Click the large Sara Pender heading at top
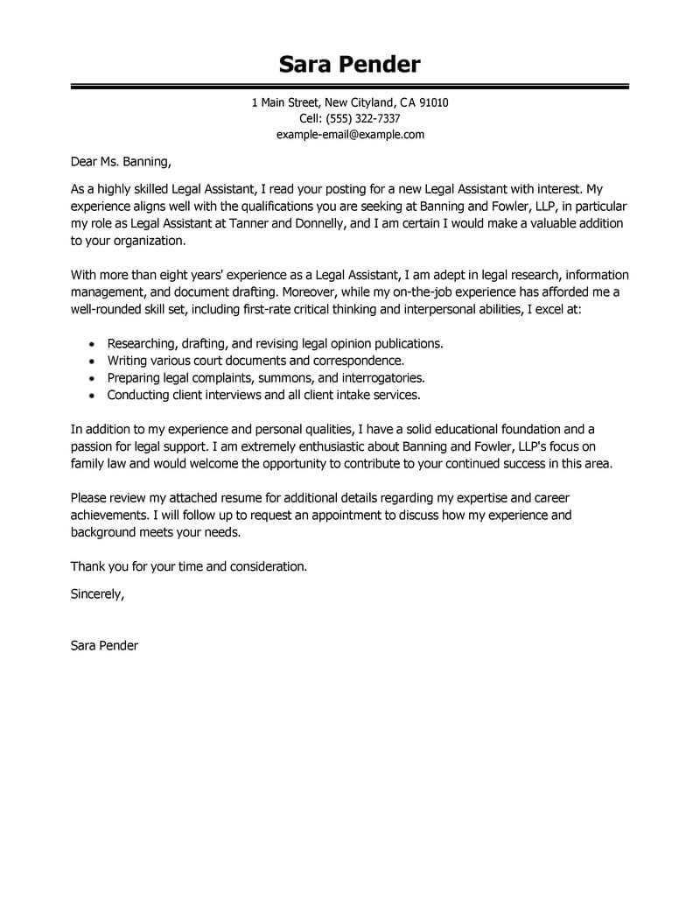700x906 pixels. (350, 64)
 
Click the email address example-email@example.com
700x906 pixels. (350, 135)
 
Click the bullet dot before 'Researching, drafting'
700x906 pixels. (93, 344)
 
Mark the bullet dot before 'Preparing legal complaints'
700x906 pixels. (93, 378)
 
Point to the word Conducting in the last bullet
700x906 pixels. (136, 395)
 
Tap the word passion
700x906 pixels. (91, 446)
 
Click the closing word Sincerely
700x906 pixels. (97, 593)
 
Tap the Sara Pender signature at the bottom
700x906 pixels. (103, 646)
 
